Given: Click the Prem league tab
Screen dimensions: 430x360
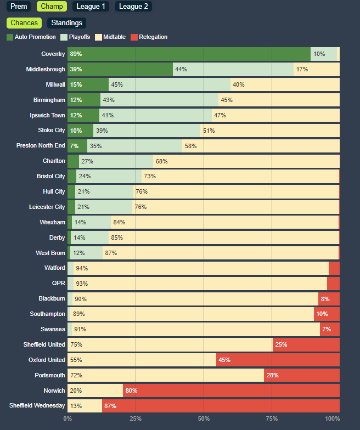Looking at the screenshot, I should click(19, 7).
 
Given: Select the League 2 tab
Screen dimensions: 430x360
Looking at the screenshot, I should click(133, 7).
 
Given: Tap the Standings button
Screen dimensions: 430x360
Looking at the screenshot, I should click(66, 23).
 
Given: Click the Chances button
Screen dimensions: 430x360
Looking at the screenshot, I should click(24, 23).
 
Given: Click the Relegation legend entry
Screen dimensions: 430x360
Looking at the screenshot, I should click(149, 37).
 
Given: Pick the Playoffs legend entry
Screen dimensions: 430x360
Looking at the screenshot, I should click(76, 37).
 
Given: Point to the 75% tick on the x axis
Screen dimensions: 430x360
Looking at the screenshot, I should click(272, 418).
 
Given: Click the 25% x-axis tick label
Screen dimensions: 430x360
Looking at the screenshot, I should click(136, 418).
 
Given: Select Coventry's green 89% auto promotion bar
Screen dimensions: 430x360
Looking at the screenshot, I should click(189, 54).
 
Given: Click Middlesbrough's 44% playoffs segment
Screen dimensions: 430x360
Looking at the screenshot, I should click(233, 69).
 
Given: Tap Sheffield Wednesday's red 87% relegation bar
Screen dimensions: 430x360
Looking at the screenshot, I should click(221, 406).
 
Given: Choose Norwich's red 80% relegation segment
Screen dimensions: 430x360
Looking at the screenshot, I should click(230, 391).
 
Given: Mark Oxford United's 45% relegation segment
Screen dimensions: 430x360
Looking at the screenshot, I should click(278, 360).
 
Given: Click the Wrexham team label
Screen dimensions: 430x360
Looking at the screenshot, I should click(52, 222).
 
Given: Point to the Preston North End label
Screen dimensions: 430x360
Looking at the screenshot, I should click(41, 145).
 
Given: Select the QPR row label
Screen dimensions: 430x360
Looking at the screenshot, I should click(57, 284).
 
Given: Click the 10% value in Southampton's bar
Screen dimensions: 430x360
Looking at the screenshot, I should click(322, 314).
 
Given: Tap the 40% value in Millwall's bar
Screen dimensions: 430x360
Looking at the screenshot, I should click(239, 84).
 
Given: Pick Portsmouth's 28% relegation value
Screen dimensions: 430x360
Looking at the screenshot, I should click(273, 375).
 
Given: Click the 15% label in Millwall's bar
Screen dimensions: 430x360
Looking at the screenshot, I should click(76, 84).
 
